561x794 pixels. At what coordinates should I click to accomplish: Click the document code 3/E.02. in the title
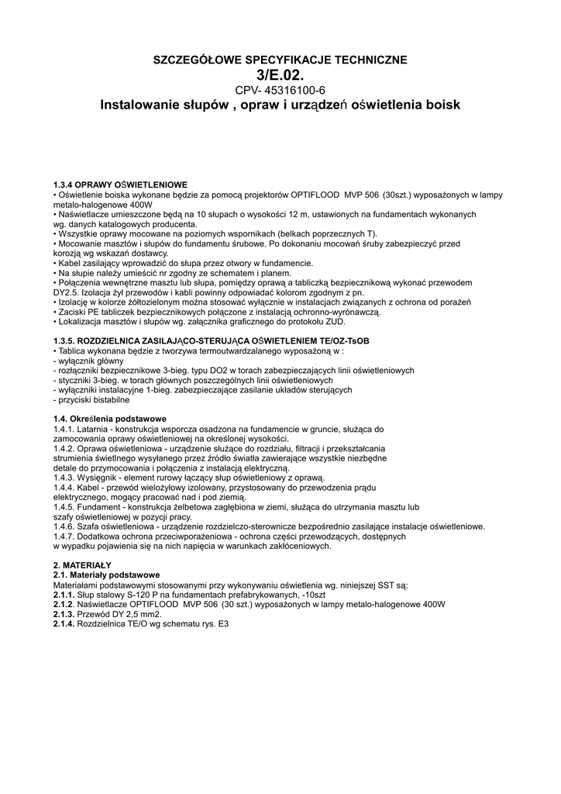tap(280, 74)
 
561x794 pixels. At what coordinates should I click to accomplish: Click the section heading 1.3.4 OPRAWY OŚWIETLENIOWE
tap(120, 185)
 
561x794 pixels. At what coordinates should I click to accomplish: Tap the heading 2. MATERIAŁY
tap(82, 564)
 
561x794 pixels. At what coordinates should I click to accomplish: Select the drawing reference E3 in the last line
tap(224, 623)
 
